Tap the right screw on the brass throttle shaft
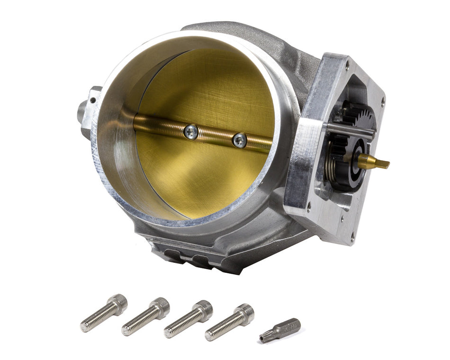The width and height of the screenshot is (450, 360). point(240,140)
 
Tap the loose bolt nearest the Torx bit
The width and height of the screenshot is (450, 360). point(229,322)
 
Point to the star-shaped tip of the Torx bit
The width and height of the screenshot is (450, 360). point(263,337)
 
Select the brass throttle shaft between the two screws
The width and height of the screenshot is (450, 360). point(216,136)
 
